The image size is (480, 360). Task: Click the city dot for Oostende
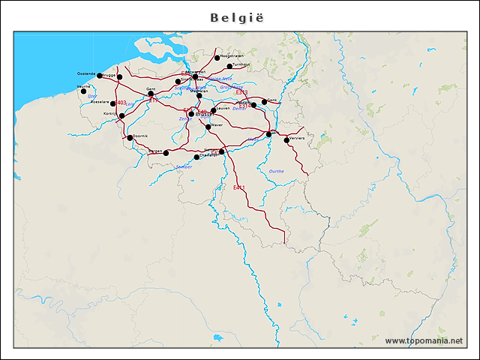point(100,76)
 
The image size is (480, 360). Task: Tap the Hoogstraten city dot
point(217,58)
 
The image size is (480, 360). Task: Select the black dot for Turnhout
point(230,66)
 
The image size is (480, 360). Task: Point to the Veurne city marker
point(84,91)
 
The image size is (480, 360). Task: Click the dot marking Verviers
point(286,140)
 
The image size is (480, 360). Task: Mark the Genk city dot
point(264,101)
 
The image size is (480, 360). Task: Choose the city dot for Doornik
point(130,137)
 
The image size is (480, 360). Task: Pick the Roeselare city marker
point(113,103)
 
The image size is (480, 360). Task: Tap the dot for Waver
point(208,126)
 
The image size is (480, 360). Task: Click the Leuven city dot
point(214,109)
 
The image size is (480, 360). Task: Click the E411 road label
point(239,187)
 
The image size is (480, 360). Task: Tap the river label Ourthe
point(276,171)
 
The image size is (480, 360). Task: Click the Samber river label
point(183,166)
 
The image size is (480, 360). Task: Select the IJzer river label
point(91,96)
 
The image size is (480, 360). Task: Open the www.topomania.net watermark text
point(424,341)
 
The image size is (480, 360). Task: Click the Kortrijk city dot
point(121,116)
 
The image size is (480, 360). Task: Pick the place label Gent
point(150,88)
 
